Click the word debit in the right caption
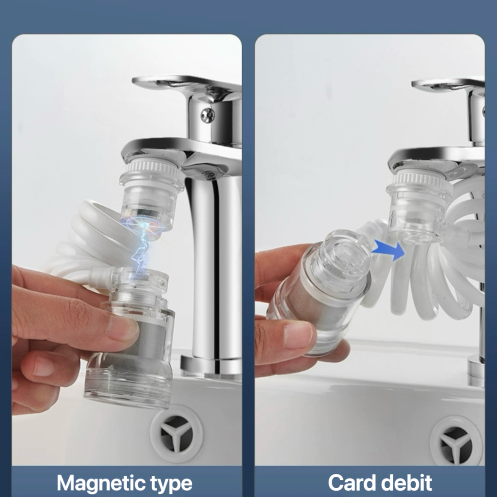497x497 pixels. click(405, 482)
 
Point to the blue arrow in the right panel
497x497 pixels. click(389, 249)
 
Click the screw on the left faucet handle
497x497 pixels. click(207, 115)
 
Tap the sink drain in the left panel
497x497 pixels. click(176, 433)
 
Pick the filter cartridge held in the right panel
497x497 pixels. click(319, 291)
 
